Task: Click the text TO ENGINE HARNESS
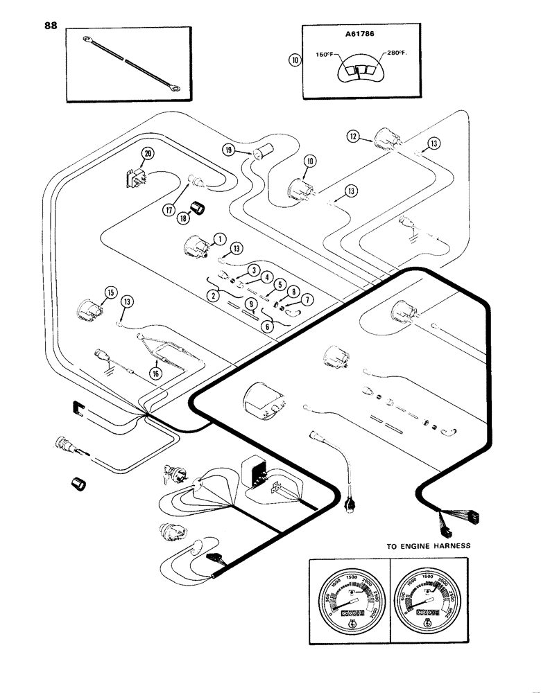click(428, 546)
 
